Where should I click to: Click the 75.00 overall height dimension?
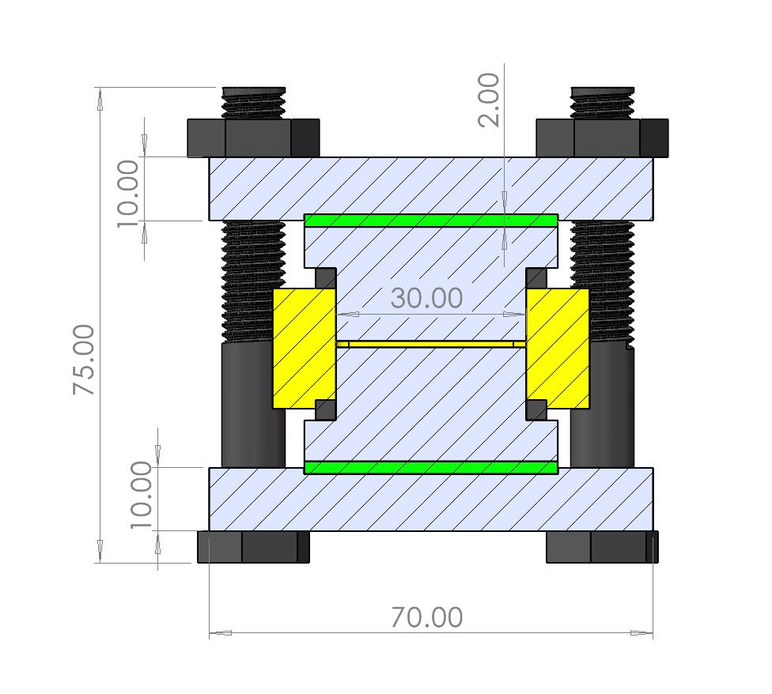coord(84,360)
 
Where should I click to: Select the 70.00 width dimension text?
coord(426,617)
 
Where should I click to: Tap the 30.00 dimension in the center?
coord(426,298)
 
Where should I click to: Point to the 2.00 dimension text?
coord(490,100)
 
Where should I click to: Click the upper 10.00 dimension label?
coord(128,193)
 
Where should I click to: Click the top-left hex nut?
coord(253,138)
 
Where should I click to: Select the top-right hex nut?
coord(602,138)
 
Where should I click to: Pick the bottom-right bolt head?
coord(602,547)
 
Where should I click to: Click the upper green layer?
coord(431,221)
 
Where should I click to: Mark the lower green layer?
coord(431,467)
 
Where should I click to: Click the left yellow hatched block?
coord(304,348)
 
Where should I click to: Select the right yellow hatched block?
coord(558,348)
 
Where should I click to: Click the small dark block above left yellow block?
coord(325,278)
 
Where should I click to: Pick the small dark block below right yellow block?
coord(536,409)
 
